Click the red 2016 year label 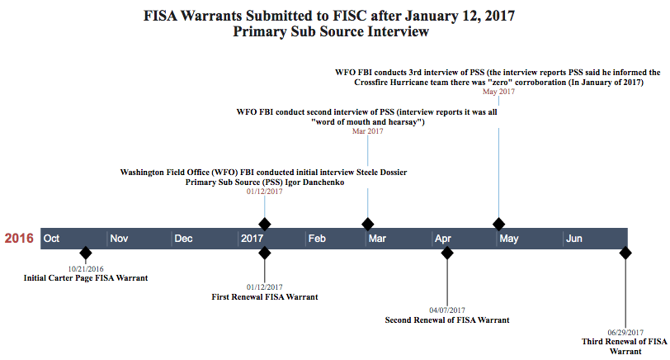[x=19, y=239]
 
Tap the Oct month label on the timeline [x=52, y=239]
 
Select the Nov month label [x=119, y=239]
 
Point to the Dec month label [x=183, y=239]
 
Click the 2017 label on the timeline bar [x=252, y=239]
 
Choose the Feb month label [x=317, y=239]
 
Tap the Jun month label [x=574, y=239]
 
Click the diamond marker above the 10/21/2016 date [x=85, y=253]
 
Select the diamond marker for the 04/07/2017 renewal [x=447, y=253]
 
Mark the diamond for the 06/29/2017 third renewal [x=625, y=253]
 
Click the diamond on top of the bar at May [x=498, y=224]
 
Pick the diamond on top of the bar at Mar [x=368, y=224]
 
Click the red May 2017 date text [x=498, y=92]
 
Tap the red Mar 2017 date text [x=368, y=130]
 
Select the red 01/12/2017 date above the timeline [x=264, y=191]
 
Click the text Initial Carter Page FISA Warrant [x=86, y=278]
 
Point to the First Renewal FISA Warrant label [x=265, y=296]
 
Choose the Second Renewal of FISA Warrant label [x=447, y=320]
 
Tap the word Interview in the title [x=399, y=32]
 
